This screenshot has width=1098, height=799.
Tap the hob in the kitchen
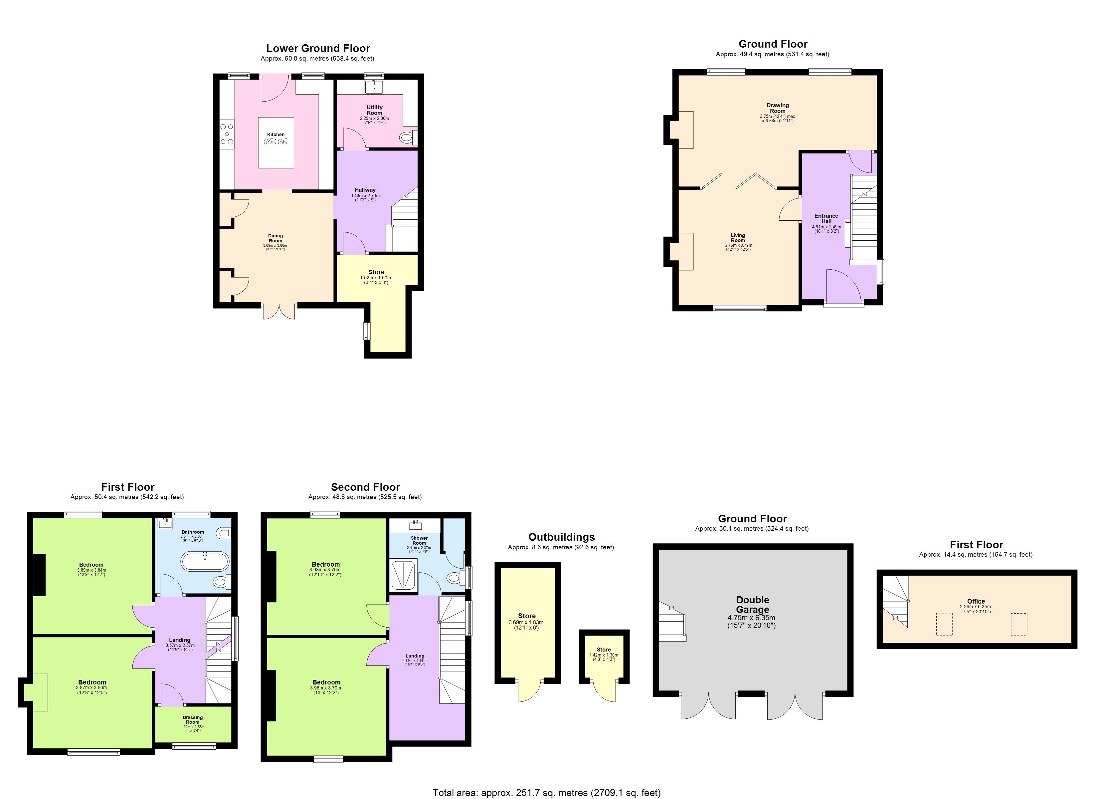click(227, 134)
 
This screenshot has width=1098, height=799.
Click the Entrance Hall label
click(826, 218)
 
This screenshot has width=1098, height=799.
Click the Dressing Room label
click(193, 719)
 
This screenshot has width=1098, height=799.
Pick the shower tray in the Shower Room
click(404, 575)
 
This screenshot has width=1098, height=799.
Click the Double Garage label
click(752, 605)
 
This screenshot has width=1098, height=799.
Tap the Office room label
click(976, 601)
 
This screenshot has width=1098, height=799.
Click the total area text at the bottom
click(546, 793)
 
